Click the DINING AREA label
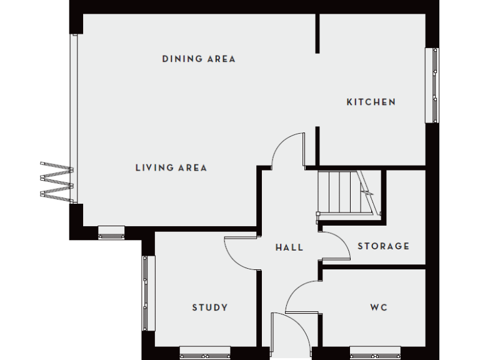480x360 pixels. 199,59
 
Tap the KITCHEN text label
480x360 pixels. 371,102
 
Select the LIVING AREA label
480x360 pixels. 171,167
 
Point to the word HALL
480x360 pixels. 289,247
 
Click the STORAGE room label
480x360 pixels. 383,246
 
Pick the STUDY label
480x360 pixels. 209,307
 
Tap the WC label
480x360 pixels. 378,307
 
